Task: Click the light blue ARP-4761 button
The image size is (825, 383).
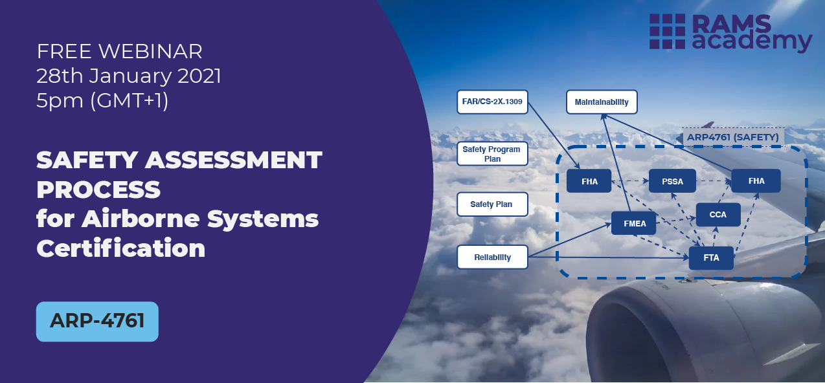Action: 97,321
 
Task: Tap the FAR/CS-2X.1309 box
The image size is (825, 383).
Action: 492,102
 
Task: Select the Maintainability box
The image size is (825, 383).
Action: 601,102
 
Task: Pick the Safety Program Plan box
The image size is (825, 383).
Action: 492,154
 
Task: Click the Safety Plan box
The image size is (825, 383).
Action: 492,204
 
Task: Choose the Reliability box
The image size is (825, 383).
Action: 492,257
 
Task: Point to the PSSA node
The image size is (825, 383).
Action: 673,181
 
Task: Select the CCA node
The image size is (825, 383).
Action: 718,214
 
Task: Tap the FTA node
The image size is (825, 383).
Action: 711,257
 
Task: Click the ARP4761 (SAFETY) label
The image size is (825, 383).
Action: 732,137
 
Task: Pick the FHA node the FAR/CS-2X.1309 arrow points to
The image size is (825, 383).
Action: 589,181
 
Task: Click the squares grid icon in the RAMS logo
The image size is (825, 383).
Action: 668,31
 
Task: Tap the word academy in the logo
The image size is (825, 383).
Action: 752,41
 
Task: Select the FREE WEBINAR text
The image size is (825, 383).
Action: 120,50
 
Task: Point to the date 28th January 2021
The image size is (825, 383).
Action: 129,76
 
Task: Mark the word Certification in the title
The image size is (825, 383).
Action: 121,248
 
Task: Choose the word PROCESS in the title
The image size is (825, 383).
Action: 98,189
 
